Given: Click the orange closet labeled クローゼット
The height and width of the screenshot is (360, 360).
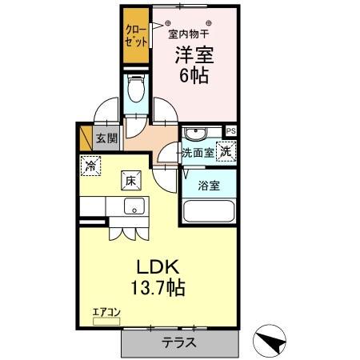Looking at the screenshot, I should click(135, 38).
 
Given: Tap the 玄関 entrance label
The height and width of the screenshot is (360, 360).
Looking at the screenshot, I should click(106, 138).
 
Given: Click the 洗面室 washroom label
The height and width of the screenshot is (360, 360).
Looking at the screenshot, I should click(197, 153).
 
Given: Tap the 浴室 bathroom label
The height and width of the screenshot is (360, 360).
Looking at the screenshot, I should click(209, 186).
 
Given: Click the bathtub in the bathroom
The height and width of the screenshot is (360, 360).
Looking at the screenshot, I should click(208, 213).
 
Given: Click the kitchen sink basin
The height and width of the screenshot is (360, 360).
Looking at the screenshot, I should click(133, 206).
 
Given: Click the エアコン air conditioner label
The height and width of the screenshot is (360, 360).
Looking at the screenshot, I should click(105, 313).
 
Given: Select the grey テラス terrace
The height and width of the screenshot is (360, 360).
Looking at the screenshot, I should click(181, 342).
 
